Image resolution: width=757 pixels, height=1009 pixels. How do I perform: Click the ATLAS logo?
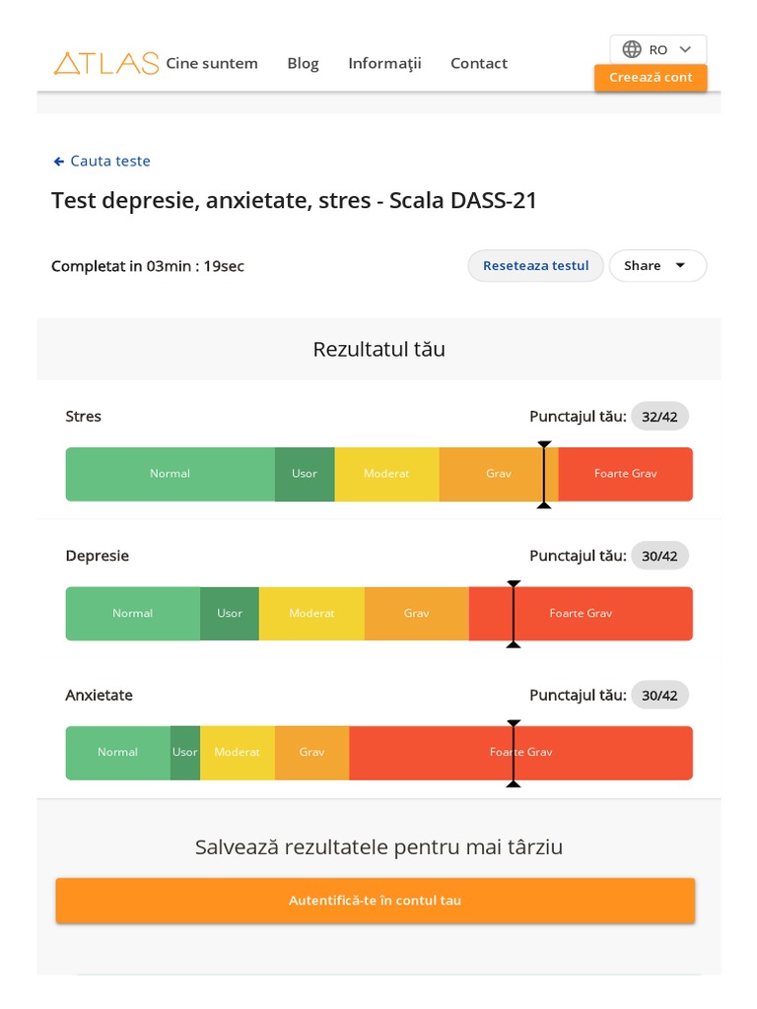pyautogui.click(x=105, y=63)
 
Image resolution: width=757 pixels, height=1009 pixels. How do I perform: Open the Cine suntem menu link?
pyautogui.click(x=212, y=63)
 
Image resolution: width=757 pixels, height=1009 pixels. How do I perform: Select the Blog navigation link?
pyautogui.click(x=303, y=63)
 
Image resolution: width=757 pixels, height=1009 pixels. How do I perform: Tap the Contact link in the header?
pyautogui.click(x=479, y=63)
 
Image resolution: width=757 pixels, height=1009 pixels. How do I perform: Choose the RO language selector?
pyautogui.click(x=657, y=49)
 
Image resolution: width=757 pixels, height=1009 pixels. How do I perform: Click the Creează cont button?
pyautogui.click(x=651, y=78)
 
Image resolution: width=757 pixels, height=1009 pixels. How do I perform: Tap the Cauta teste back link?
pyautogui.click(x=102, y=161)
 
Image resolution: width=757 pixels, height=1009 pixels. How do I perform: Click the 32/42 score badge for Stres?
pyautogui.click(x=659, y=417)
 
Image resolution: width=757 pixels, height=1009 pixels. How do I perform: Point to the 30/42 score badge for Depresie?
pyautogui.click(x=659, y=556)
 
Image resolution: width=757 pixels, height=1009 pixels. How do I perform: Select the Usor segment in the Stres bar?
pyautogui.click(x=305, y=474)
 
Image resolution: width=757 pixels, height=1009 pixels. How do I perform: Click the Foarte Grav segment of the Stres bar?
pyautogui.click(x=625, y=474)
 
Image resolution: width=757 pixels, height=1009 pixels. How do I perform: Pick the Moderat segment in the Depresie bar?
pyautogui.click(x=311, y=613)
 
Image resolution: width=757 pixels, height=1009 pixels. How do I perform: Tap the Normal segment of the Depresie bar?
pyautogui.click(x=132, y=613)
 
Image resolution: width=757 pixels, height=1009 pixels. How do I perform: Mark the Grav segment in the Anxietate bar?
pyautogui.click(x=311, y=752)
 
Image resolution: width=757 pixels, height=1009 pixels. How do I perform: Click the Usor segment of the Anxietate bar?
pyautogui.click(x=185, y=752)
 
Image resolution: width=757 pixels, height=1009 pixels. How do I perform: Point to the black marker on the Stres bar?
pyautogui.click(x=544, y=474)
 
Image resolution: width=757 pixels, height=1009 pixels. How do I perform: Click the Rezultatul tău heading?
pyautogui.click(x=378, y=349)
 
